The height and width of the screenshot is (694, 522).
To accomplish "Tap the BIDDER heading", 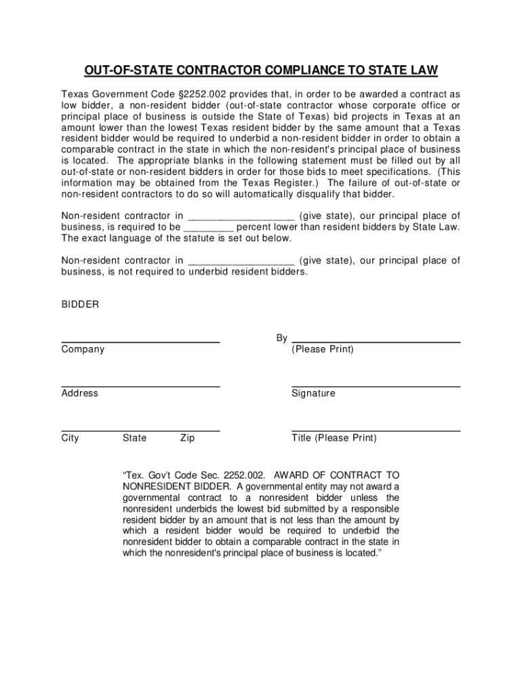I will tap(80, 305).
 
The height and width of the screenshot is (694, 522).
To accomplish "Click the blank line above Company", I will tap(140, 342).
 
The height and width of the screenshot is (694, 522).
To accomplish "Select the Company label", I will tap(83, 350).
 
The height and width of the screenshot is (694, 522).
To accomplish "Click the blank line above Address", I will tap(140, 386).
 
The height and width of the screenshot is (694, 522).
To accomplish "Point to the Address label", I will tap(79, 394).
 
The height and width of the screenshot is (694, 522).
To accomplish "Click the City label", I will tap(70, 438).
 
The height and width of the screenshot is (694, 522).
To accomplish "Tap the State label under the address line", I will tap(134, 438).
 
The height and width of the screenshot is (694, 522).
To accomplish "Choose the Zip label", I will tap(187, 438).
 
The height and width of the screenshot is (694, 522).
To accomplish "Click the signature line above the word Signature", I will tap(376, 386).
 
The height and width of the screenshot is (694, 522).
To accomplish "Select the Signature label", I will tap(313, 394).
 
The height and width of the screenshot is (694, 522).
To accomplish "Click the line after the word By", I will tap(376, 342).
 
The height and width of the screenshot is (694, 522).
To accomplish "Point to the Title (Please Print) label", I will tap(334, 438).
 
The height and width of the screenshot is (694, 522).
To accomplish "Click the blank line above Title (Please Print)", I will tap(376, 430).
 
